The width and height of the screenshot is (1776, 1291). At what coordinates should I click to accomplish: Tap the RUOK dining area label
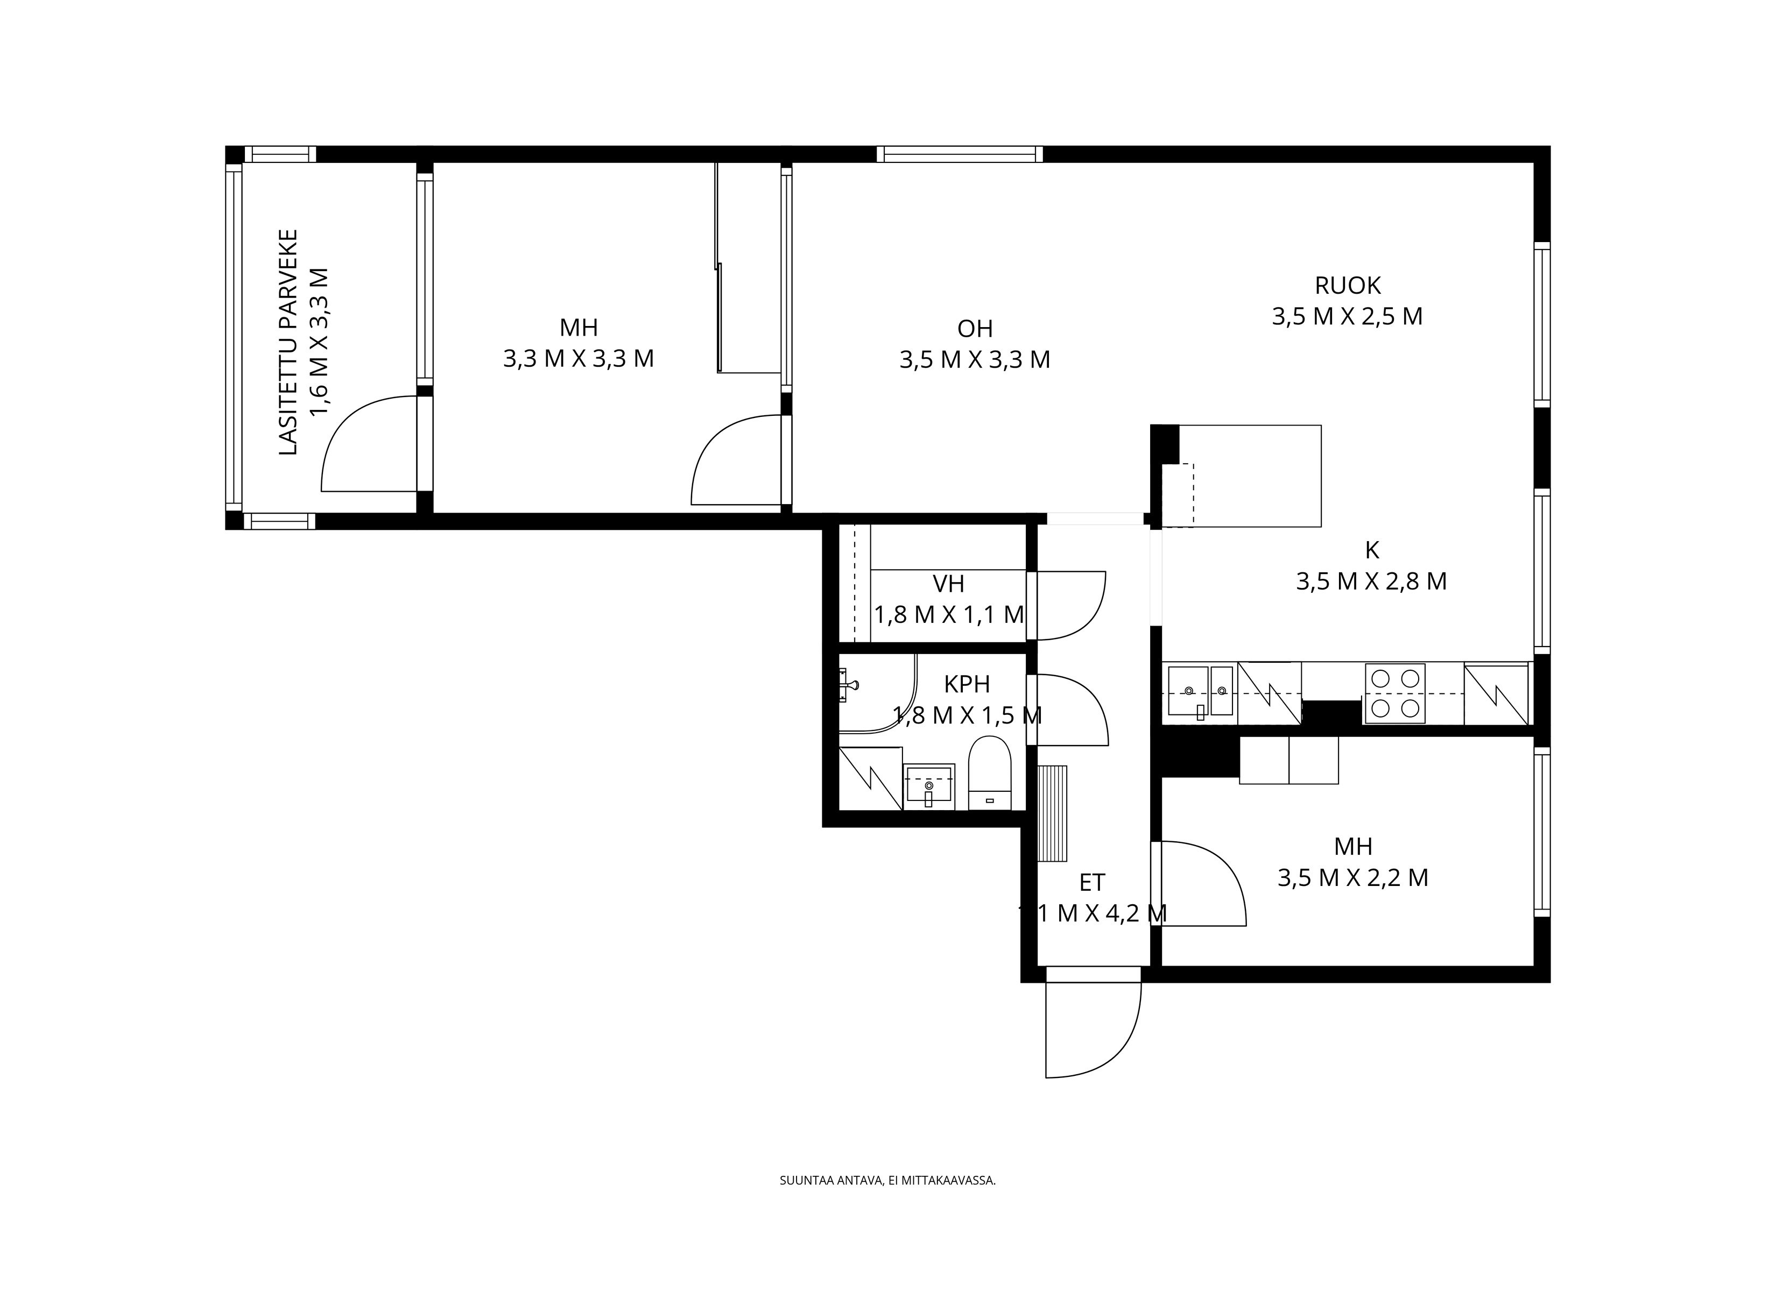1347,285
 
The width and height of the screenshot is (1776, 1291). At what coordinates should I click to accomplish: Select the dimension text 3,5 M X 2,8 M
1371,581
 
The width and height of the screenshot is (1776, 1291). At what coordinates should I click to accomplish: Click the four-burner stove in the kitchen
1394,693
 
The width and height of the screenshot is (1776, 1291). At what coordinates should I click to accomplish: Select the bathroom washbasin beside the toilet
929,785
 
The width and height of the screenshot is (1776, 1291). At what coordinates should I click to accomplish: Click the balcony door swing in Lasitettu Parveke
365,447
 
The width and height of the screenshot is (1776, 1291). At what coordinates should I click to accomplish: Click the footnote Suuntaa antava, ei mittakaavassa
887,1181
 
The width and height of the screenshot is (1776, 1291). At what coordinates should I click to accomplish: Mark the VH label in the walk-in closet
948,584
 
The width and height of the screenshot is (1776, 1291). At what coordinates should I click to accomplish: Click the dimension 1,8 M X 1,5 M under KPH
967,715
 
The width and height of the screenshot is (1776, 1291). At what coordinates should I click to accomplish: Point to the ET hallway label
1091,883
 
